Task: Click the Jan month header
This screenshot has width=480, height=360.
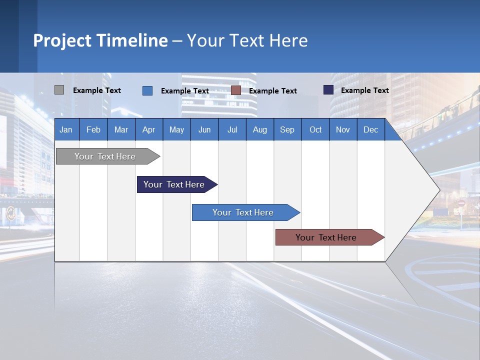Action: coord(66,129)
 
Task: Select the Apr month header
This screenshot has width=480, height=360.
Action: coord(148,129)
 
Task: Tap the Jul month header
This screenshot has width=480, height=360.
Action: coord(232,129)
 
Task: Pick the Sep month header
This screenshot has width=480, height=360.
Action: coord(287,129)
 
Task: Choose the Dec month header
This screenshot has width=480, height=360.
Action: coord(370,129)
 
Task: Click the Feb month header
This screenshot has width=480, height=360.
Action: coord(93,129)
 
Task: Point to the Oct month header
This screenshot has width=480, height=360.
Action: coord(315,129)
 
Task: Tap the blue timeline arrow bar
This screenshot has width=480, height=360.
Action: coord(243,212)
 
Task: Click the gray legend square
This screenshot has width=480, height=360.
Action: coord(59,90)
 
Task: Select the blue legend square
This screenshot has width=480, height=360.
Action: coord(147,90)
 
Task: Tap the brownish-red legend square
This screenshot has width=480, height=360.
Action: coord(236,90)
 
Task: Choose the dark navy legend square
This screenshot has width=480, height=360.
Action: coord(328,90)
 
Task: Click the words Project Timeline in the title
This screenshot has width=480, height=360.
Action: coord(100,40)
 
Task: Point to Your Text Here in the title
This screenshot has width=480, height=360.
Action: coord(247,40)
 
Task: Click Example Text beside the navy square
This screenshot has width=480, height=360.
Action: coord(364,90)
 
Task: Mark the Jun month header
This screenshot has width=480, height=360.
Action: coord(204,129)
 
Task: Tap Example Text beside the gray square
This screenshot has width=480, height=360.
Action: coord(97,90)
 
